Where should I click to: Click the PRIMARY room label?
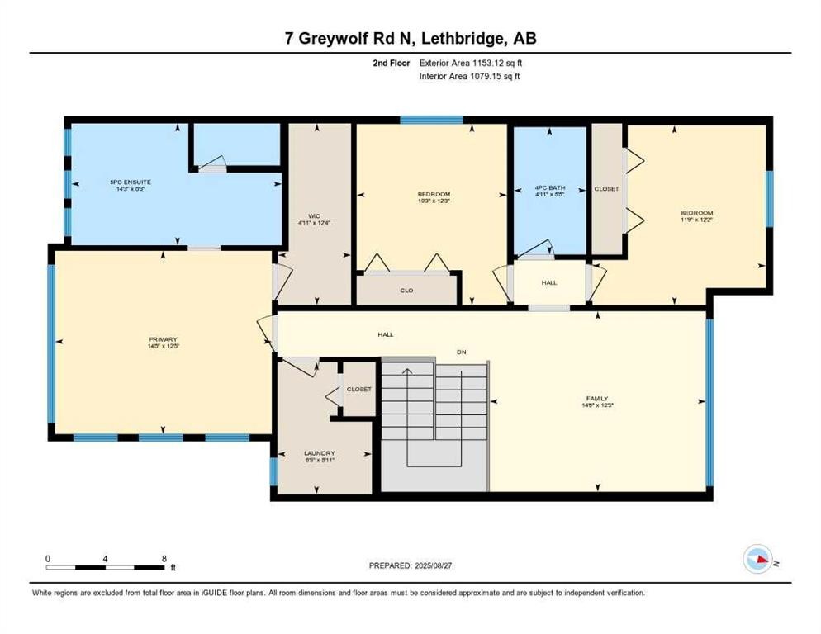point(163,339)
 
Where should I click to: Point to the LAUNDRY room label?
point(318,453)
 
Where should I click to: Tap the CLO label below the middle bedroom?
point(406,291)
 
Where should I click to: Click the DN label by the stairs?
point(463,352)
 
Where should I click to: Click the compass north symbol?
point(757,560)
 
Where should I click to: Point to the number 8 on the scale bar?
point(164,559)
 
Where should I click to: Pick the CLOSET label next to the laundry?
point(358,389)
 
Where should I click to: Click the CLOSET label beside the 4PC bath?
point(606,189)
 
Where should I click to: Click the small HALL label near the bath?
point(549,282)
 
